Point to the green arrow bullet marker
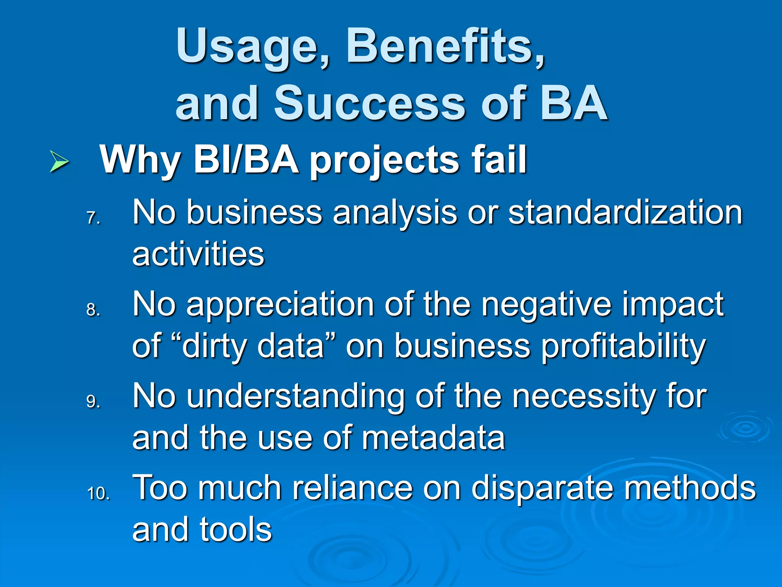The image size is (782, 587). click(59, 162)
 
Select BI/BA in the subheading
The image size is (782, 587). click(246, 160)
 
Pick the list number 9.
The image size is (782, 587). click(93, 402)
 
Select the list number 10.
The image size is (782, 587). click(98, 493)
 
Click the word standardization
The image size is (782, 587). click(625, 212)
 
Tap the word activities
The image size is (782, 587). click(198, 254)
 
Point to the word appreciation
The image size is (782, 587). click(280, 305)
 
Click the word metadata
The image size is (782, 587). click(433, 438)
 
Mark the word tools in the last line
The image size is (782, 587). click(236, 530)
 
